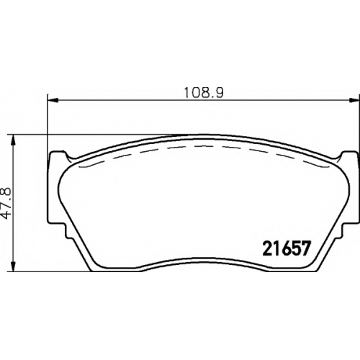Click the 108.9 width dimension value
click(x=204, y=93)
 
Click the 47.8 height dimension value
click(x=6, y=203)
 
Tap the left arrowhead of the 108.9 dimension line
click(x=53, y=100)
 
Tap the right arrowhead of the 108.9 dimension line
click(x=354, y=100)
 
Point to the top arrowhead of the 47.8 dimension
click(x=14, y=140)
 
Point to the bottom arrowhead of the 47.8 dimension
click(x=14, y=266)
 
